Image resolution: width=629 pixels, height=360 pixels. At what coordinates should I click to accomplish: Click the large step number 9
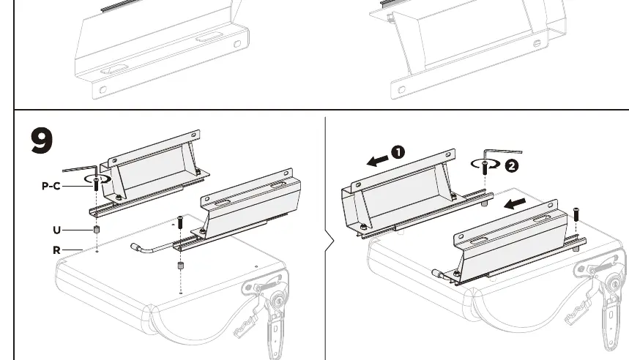point(42,140)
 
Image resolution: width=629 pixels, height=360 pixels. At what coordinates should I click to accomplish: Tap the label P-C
point(51,186)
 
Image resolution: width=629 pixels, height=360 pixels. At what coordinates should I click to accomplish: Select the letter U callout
point(56,230)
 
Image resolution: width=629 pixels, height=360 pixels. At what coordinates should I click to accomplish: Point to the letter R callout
point(56,250)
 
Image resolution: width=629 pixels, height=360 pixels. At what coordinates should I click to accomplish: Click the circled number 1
point(398,152)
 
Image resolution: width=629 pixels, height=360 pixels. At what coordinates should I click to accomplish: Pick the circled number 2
point(511,166)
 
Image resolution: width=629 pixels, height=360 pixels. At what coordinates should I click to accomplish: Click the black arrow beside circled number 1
point(378,161)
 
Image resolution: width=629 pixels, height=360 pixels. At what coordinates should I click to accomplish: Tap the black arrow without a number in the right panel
point(515,203)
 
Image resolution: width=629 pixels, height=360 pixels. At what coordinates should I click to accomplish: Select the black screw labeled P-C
point(96,184)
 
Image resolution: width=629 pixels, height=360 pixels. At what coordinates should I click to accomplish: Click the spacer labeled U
point(97,229)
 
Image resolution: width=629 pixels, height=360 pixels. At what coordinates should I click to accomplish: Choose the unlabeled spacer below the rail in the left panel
point(180,266)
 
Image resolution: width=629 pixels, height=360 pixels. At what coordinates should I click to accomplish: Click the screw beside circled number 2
point(485,167)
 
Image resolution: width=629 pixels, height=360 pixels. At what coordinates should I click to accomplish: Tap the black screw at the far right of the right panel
point(576,214)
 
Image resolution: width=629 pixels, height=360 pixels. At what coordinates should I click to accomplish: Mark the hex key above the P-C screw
point(81,170)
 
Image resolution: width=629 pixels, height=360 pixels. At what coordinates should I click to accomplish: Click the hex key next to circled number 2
point(502,153)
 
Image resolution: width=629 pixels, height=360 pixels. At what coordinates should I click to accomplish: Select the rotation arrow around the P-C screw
point(98,179)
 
